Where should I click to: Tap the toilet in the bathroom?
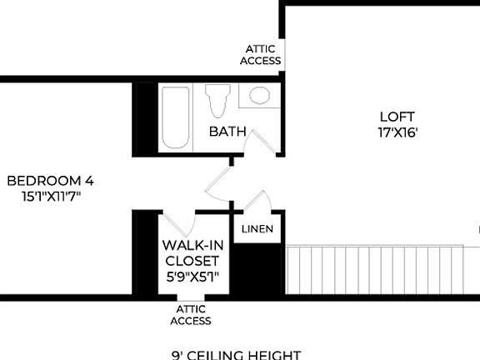219,101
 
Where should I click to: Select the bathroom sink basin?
259,96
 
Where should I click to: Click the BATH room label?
227,132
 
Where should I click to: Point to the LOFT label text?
397,117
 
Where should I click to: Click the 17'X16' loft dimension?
397,132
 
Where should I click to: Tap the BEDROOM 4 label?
50,181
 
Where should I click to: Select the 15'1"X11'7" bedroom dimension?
50,197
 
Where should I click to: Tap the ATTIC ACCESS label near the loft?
261,55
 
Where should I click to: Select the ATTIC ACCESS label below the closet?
191,315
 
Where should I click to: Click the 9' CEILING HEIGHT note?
237,354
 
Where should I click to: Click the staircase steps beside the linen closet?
375,269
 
